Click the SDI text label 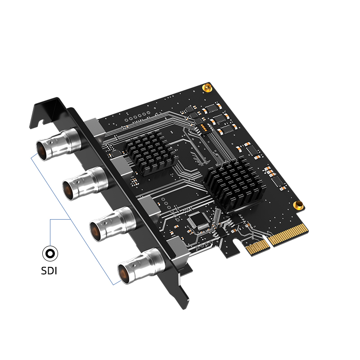(49, 271)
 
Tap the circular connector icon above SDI (50, 253)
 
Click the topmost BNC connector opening (41, 151)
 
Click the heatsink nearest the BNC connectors (150, 152)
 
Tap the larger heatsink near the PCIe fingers (234, 184)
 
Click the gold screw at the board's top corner (207, 88)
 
